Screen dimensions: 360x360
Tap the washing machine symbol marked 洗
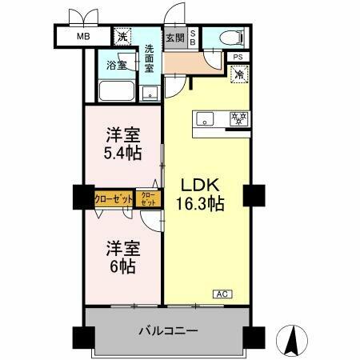122,37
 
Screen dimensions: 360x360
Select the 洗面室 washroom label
150,58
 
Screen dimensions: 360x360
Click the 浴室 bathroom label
116,65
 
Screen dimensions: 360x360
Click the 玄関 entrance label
174,37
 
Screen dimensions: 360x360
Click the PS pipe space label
238,57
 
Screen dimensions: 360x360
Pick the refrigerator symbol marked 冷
238,74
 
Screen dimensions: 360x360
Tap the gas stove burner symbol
238,118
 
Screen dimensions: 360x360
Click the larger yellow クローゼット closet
114,198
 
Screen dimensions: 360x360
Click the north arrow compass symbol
293,340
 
